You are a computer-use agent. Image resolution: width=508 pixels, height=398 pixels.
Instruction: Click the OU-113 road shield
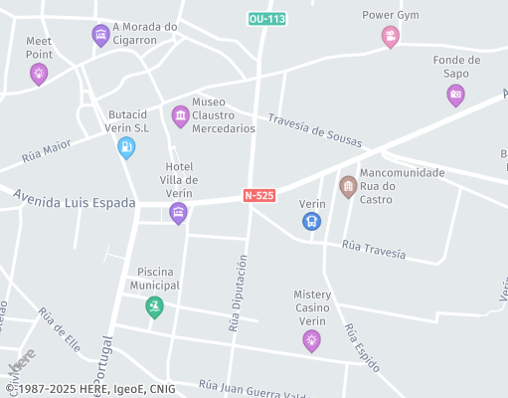pyautogui.click(x=266, y=19)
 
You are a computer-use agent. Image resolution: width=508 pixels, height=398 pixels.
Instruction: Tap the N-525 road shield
pyautogui.click(x=258, y=196)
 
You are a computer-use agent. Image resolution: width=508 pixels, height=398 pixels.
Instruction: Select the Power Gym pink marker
pyautogui.click(x=391, y=37)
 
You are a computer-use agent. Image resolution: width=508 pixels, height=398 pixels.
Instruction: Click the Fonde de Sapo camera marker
pyautogui.click(x=455, y=95)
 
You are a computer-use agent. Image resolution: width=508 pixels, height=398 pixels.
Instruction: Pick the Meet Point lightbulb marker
pyautogui.click(x=39, y=73)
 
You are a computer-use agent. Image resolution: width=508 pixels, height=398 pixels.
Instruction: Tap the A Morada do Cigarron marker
pyautogui.click(x=100, y=36)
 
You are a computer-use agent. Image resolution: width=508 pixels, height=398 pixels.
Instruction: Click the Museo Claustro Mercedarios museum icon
pyautogui.click(x=180, y=116)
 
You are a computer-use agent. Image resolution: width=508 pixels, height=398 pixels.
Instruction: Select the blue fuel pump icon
pyautogui.click(x=126, y=147)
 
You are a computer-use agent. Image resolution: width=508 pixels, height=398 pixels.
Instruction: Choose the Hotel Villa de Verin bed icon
pyautogui.click(x=178, y=212)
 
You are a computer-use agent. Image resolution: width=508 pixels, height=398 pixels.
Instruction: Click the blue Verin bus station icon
pyautogui.click(x=312, y=221)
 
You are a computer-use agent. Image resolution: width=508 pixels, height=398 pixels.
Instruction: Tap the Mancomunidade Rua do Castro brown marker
pyautogui.click(x=348, y=186)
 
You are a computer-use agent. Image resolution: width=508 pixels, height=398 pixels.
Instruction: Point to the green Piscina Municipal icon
pyautogui.click(x=154, y=306)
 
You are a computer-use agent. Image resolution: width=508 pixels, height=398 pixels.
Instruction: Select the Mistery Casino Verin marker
pyautogui.click(x=312, y=340)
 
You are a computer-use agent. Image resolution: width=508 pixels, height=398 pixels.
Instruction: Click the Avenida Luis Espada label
pyautogui.click(x=75, y=202)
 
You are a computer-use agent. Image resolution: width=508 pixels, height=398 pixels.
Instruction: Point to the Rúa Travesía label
pyautogui.click(x=373, y=248)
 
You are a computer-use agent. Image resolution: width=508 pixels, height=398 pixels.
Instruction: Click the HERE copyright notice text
pyautogui.click(x=89, y=389)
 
